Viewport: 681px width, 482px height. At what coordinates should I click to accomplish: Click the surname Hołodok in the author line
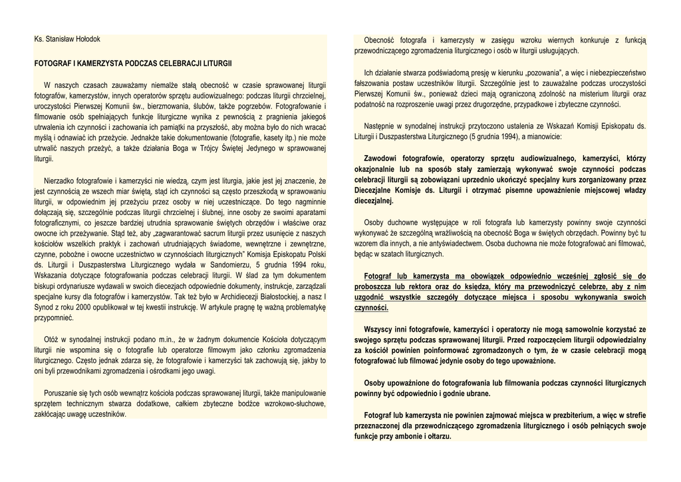point(85,39)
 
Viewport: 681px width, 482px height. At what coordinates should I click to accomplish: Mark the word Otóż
point(52,339)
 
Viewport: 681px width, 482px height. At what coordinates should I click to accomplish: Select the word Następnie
point(382,126)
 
